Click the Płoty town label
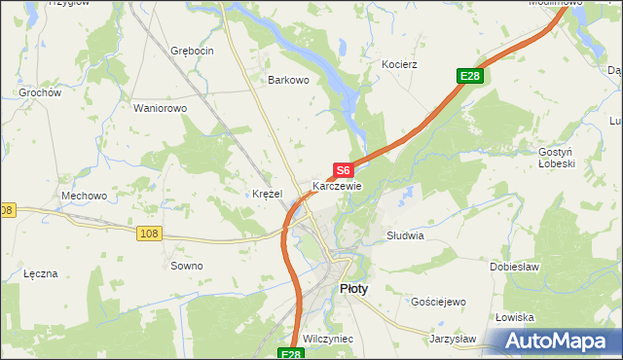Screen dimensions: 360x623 coord(353,289)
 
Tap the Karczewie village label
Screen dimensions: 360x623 coord(337,185)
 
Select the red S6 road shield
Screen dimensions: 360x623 coord(342,170)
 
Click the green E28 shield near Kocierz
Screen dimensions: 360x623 coord(470,76)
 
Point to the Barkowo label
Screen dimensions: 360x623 coord(289,81)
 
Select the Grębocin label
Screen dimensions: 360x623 coord(191,50)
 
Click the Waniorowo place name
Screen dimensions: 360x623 coord(160,108)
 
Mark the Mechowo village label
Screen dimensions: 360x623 coord(84,196)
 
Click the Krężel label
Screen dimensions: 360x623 coord(267,194)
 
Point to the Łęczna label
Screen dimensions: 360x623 coord(41,273)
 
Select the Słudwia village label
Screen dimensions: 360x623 coord(405,235)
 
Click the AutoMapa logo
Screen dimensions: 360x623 coord(558,342)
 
